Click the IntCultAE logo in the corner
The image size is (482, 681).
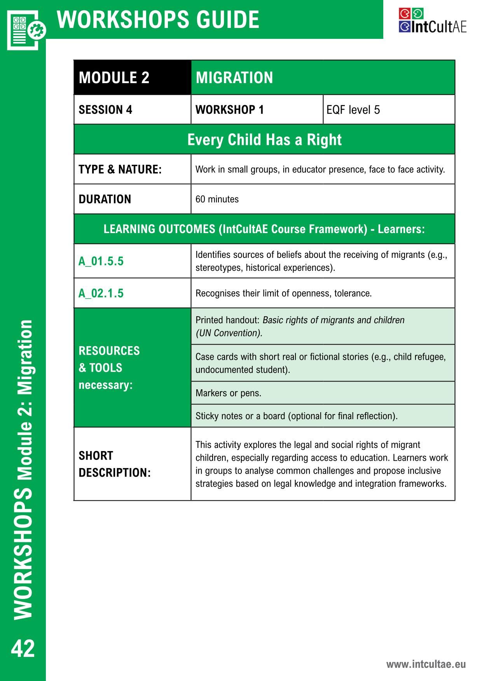point(432,21)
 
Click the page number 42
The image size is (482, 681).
point(23,648)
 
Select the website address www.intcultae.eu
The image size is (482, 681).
point(426,664)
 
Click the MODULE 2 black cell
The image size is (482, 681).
point(114,78)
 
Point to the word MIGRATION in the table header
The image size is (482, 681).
point(234,78)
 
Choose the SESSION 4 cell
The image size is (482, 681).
point(105,110)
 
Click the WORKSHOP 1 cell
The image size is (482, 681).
point(230,110)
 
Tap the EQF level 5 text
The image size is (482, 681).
point(353,110)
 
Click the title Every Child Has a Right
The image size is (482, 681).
point(264,140)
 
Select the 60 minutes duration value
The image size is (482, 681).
point(217,199)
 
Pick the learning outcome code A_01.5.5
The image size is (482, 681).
point(101,261)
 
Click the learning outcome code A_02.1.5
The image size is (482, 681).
point(101,293)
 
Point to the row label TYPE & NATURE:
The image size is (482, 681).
point(120,170)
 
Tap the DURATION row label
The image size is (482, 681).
point(105,199)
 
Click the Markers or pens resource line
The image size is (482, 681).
point(228,393)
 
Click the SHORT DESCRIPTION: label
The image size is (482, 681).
point(114,464)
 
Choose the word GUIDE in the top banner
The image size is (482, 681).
point(222,19)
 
